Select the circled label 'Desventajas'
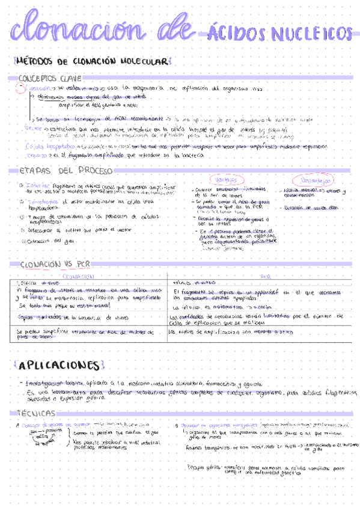(313, 180)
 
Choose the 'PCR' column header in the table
(265, 276)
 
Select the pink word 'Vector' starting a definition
(32, 129)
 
